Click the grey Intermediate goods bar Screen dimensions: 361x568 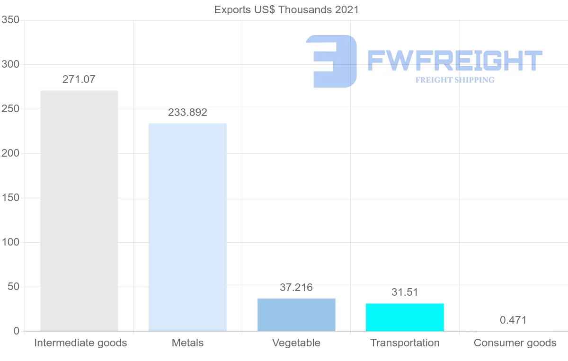click(79, 211)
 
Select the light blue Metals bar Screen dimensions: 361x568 click(187, 227)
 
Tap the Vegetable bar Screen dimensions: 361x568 click(296, 315)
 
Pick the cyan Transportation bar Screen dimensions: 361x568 click(405, 317)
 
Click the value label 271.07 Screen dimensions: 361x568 click(79, 79)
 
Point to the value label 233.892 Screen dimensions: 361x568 click(187, 113)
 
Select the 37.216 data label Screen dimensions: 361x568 click(296, 287)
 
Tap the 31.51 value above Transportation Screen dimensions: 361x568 click(405, 292)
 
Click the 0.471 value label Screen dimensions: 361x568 click(513, 320)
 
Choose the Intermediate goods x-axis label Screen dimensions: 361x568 click(80, 343)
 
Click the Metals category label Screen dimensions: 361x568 click(187, 343)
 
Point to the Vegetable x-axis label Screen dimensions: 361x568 click(296, 343)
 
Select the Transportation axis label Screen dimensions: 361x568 click(405, 343)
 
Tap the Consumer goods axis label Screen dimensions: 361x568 click(515, 343)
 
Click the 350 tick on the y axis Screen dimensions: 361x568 click(10, 20)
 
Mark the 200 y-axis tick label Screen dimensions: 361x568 click(10, 153)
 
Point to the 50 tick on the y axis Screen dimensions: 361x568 click(13, 287)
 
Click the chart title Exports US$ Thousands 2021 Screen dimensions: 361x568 click(286, 9)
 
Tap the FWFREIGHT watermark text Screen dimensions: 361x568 click(454, 61)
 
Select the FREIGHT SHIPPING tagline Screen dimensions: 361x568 click(455, 80)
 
